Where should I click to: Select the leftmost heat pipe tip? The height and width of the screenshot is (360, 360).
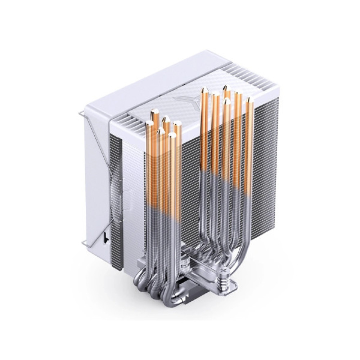[149, 123]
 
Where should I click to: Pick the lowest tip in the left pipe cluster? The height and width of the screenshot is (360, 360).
[172, 135]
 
